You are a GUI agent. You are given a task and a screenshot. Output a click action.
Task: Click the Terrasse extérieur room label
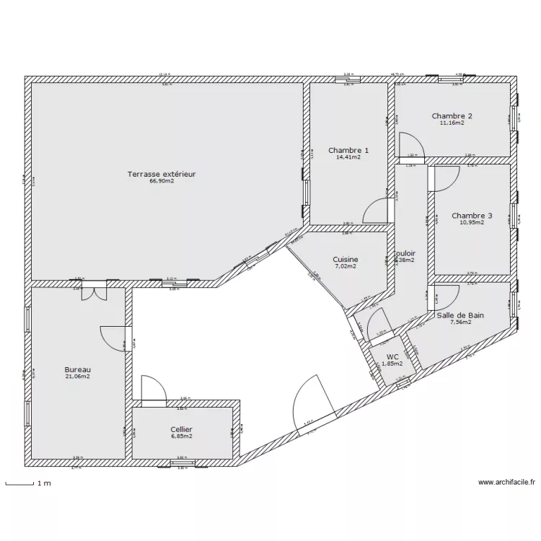[x=162, y=174]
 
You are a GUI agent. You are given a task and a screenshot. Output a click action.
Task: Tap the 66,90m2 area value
[x=162, y=182]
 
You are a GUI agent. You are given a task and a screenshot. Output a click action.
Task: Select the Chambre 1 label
[x=348, y=150]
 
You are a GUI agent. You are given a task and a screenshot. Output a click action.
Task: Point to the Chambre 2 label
[x=452, y=115]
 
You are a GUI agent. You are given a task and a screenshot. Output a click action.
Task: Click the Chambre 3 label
[x=472, y=215]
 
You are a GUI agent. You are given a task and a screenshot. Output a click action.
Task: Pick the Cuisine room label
[x=346, y=260]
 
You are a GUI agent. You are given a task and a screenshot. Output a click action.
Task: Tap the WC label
[x=392, y=357]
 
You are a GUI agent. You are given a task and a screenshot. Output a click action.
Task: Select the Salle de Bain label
[x=460, y=315]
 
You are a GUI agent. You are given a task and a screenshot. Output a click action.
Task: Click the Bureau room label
[x=78, y=369]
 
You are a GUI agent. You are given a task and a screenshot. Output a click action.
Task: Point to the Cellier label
[x=182, y=429]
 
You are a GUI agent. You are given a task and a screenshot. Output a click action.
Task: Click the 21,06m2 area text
[x=78, y=377]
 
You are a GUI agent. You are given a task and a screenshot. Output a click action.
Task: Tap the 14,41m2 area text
[x=348, y=157]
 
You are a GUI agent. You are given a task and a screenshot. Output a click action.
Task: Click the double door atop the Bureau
[x=93, y=290]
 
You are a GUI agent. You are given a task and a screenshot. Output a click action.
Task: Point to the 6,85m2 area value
[x=182, y=436]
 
